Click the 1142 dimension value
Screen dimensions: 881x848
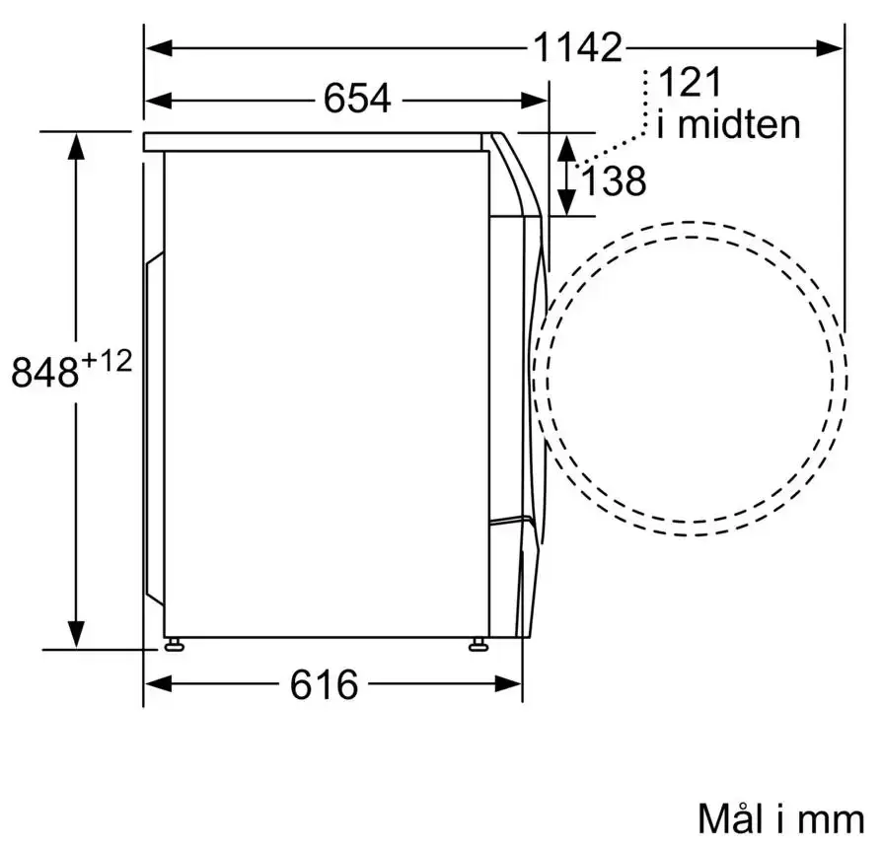[577, 47]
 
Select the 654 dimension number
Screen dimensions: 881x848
[357, 99]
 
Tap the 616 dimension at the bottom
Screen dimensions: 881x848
[324, 684]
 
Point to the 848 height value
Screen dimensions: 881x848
[45, 371]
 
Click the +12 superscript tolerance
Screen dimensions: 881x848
[107, 361]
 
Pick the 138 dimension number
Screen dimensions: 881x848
[614, 180]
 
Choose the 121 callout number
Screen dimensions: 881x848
[690, 82]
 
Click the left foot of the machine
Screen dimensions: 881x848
[174, 644]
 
